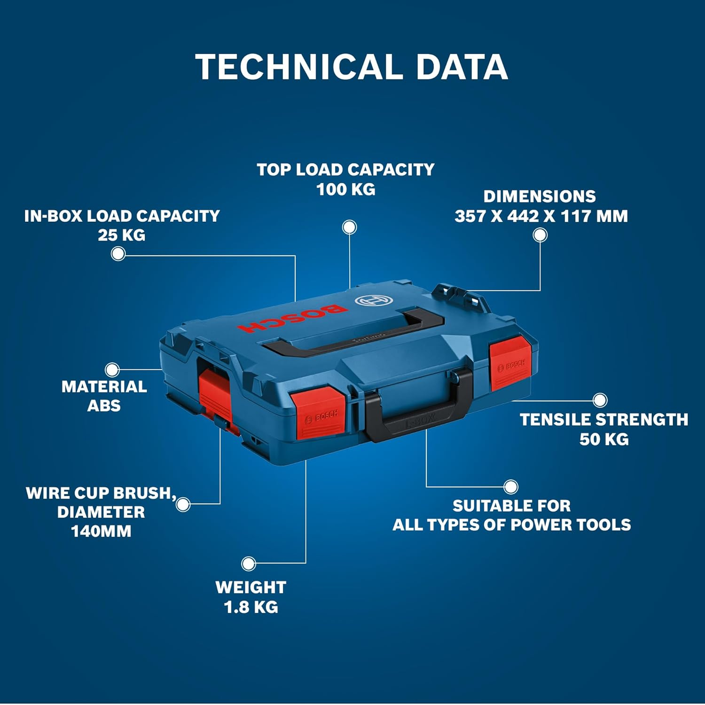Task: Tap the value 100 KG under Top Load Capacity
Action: pyautogui.click(x=346, y=189)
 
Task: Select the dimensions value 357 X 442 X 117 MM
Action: pyautogui.click(x=541, y=216)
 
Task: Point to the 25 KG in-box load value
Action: pyautogui.click(x=122, y=235)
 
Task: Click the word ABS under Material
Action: pyautogui.click(x=104, y=406)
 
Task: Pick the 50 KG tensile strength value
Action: pyautogui.click(x=604, y=439)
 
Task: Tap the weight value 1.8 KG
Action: pyautogui.click(x=251, y=607)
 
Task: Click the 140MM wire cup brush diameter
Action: pyautogui.click(x=101, y=532)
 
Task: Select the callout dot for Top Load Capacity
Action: pyautogui.click(x=349, y=227)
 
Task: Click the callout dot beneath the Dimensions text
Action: pyautogui.click(x=540, y=235)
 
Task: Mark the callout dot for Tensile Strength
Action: pyautogui.click(x=600, y=400)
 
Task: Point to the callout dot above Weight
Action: pyautogui.click(x=248, y=563)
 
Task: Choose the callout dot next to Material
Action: pyautogui.click(x=112, y=369)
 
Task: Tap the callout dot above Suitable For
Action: pyautogui.click(x=511, y=487)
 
